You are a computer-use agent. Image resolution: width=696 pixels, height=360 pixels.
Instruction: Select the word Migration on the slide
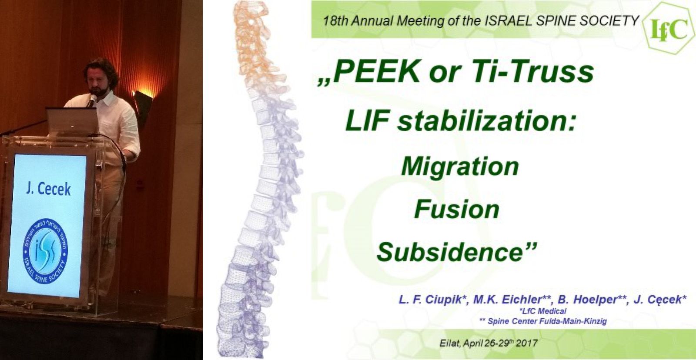pos(460,167)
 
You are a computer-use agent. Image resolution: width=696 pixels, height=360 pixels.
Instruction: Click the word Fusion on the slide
pos(456,210)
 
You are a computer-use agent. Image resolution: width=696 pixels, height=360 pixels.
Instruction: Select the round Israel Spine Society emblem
pos(46,251)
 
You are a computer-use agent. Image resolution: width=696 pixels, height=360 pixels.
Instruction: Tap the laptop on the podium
pos(72,121)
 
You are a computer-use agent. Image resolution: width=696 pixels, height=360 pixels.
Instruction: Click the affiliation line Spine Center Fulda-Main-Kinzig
pos(543,321)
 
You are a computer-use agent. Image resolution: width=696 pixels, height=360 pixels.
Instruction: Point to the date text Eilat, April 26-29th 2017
pos(489,343)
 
